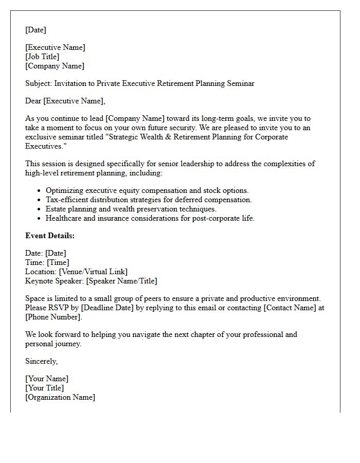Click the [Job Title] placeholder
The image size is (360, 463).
coord(42,57)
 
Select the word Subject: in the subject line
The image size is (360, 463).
coord(39,83)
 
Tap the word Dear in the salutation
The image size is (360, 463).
coord(33,101)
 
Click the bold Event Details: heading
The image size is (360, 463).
coord(50,236)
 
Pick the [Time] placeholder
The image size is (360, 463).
coord(57,262)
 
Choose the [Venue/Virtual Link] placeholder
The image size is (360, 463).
coord(93,272)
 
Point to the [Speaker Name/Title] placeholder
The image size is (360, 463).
coord(121,281)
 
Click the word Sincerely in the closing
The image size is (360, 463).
coord(41,361)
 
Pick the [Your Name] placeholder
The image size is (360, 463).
coord(47,379)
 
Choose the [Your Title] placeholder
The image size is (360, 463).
coord(45,388)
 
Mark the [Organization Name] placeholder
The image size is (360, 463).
coord(60,397)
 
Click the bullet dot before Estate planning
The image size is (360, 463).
coord(39,209)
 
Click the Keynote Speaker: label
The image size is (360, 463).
coord(55,281)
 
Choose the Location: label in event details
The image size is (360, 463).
coord(41,272)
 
